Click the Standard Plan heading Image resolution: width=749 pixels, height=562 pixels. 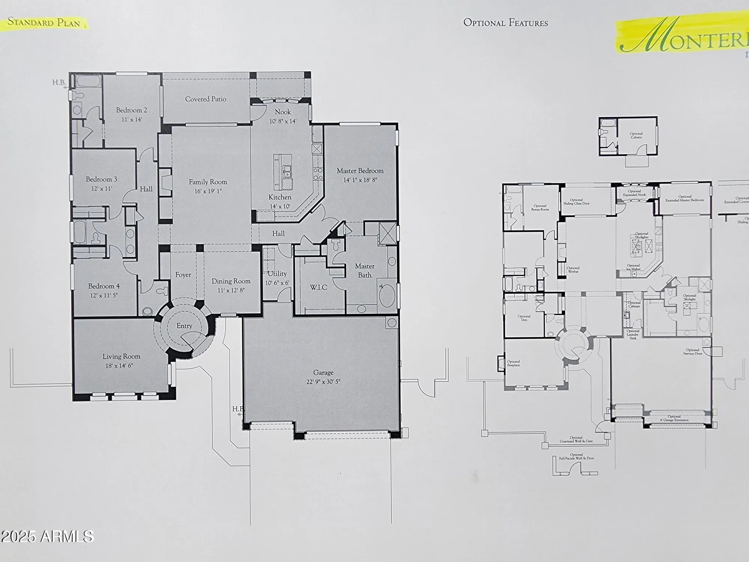[x=44, y=22]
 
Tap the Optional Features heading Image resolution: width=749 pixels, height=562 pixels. [x=505, y=23]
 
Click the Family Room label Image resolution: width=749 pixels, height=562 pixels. [x=208, y=182]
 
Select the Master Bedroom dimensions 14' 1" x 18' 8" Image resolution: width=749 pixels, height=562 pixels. [x=360, y=180]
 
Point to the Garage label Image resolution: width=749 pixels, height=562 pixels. [x=323, y=372]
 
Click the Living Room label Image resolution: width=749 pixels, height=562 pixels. [x=121, y=356]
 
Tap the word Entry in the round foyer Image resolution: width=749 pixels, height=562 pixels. [x=184, y=326]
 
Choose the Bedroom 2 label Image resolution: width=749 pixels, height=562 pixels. [x=131, y=110]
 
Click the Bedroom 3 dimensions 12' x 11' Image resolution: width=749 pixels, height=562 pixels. [x=101, y=189]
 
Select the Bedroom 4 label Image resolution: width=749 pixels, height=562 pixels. [x=104, y=286]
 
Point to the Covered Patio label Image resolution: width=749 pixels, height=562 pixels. [x=206, y=99]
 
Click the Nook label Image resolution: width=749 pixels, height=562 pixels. [x=282, y=112]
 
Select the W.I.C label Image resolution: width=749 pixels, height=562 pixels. [x=318, y=287]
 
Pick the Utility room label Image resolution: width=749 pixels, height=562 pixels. [x=277, y=274]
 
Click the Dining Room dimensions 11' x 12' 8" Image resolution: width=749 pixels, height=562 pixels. [x=231, y=290]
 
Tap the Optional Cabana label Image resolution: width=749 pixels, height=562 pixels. [x=636, y=135]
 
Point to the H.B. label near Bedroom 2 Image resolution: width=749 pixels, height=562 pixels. [x=59, y=82]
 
